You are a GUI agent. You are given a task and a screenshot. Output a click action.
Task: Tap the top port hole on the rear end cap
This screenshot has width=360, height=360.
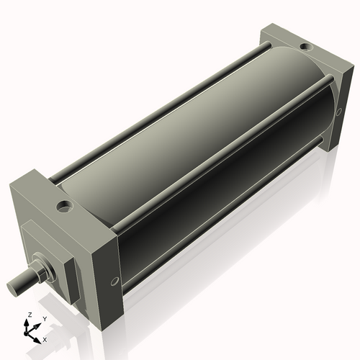[x=305, y=48]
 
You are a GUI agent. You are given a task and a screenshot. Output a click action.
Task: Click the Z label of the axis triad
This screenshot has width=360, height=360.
[x=29, y=315]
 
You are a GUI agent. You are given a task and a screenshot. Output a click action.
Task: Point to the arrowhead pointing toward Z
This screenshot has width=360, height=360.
[x=30, y=322]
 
